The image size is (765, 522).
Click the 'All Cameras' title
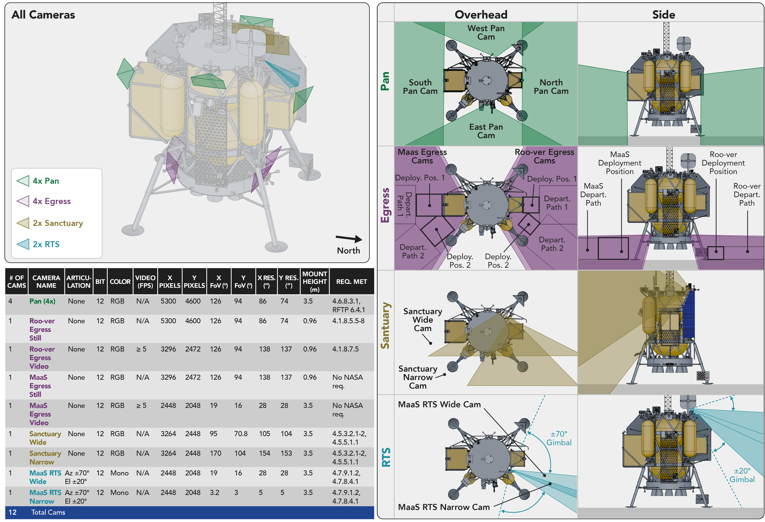pos(43,15)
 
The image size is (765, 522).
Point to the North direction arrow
pos(349,238)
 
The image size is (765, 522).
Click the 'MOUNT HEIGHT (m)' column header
pos(315,282)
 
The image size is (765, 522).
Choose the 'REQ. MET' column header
pos(352,282)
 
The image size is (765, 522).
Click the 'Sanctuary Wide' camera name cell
pos(45,438)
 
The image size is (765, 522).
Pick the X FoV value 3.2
pos(215,493)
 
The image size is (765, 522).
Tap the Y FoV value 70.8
pos(241,434)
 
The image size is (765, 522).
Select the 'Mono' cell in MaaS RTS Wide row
pos(119,473)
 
